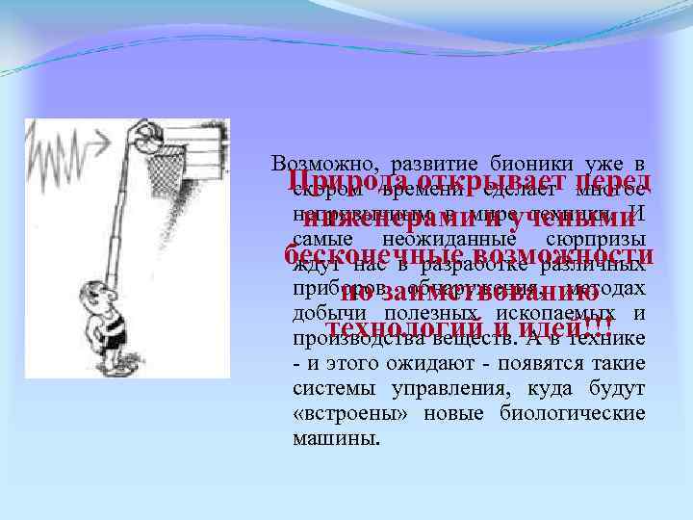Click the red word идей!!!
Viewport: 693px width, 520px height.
pyautogui.click(x=555, y=327)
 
